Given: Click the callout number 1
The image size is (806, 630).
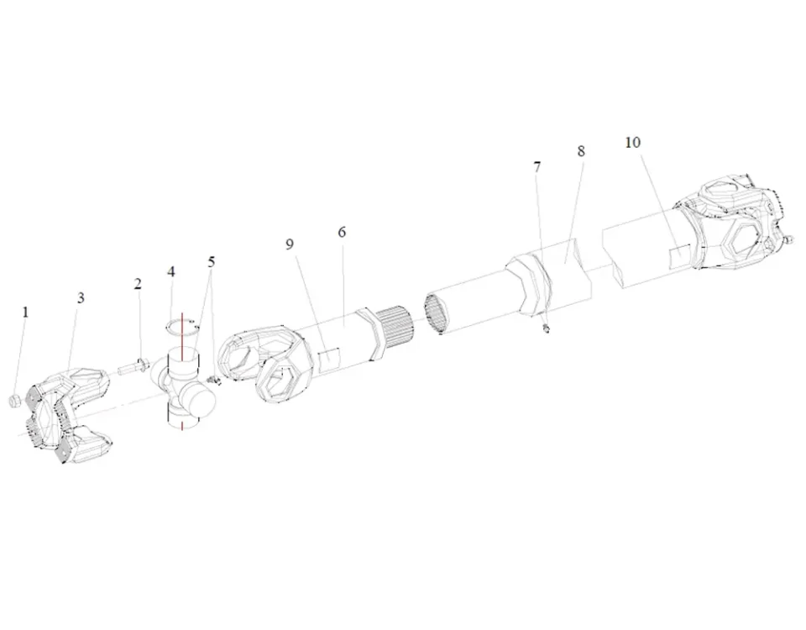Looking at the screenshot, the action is tap(25, 312).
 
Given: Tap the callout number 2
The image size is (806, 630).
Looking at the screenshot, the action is tap(138, 284).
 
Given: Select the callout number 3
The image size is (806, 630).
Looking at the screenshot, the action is tap(81, 298).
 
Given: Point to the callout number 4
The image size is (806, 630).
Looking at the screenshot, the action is tap(171, 271).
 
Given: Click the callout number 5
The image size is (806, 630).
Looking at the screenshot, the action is tap(212, 262).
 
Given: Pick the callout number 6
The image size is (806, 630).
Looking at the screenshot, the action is tap(342, 233).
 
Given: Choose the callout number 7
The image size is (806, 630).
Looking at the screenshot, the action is tap(537, 167).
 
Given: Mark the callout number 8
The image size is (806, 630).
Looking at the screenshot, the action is tap(581, 151).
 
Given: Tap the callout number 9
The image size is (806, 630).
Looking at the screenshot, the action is tap(290, 244).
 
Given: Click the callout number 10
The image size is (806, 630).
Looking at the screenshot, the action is tap(633, 143).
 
